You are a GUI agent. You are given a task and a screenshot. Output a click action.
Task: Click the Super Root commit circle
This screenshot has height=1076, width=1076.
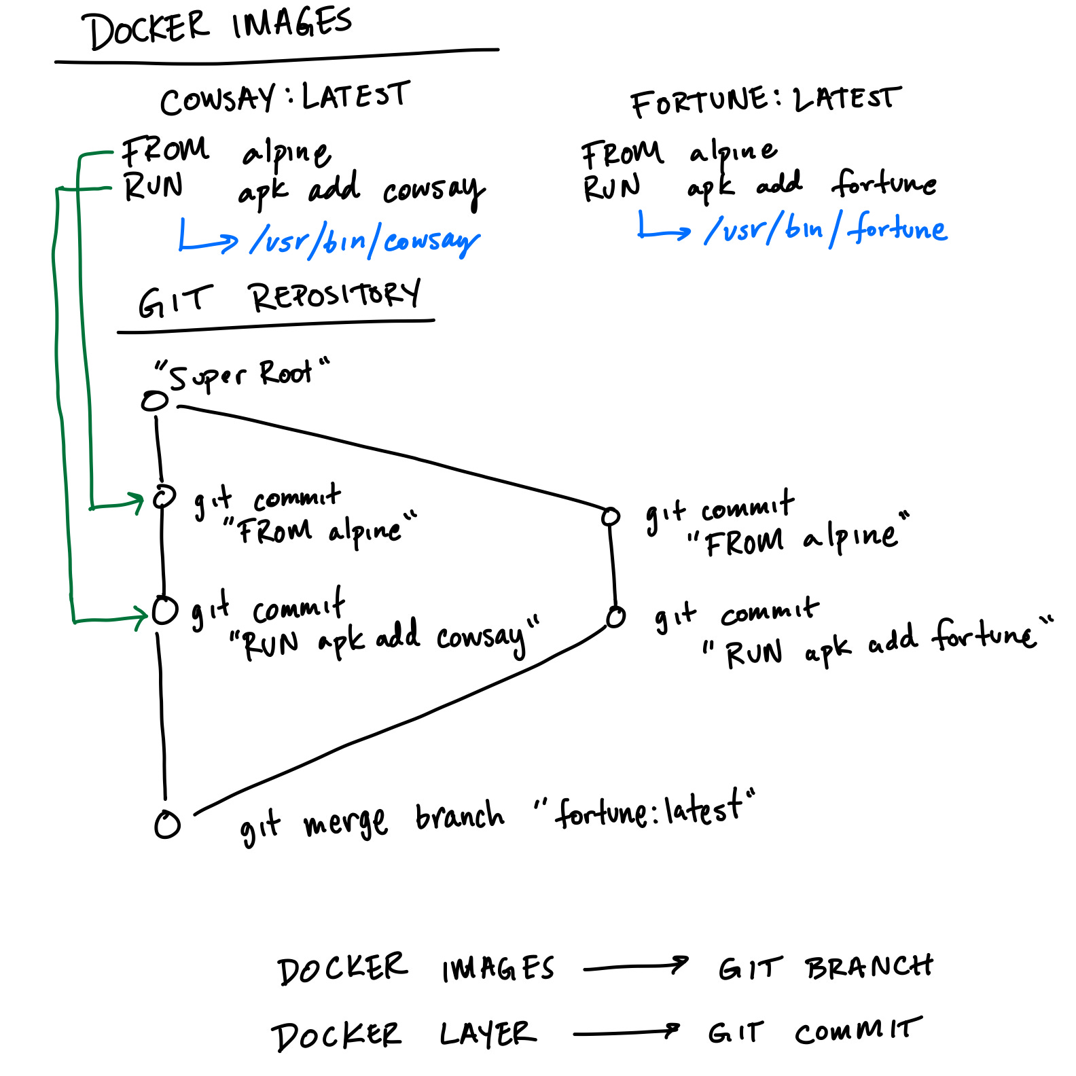point(154,401)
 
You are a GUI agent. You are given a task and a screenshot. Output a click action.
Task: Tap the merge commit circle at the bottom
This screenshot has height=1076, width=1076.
point(167,825)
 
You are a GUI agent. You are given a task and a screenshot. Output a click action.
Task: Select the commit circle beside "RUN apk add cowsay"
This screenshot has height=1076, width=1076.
point(164,610)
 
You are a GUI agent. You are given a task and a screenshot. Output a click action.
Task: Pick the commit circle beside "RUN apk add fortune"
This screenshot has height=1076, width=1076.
point(615,617)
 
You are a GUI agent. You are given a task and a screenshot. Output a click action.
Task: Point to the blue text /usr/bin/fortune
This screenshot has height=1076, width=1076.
point(825,229)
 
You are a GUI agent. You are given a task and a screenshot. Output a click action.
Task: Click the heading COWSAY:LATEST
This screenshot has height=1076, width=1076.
point(285,98)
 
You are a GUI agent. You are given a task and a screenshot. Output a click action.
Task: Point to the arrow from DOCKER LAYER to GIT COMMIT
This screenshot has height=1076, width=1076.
point(626,1033)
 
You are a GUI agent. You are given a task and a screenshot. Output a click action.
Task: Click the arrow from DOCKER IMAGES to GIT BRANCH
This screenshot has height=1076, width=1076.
point(635,967)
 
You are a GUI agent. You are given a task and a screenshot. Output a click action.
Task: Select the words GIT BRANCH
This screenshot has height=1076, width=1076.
point(825,967)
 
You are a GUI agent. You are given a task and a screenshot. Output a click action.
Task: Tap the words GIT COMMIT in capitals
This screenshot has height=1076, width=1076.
point(814,1032)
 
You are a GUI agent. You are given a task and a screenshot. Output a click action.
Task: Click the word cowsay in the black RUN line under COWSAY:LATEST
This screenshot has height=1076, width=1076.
point(433,191)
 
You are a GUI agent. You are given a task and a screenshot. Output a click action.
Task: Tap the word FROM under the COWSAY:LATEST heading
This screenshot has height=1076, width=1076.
point(165,151)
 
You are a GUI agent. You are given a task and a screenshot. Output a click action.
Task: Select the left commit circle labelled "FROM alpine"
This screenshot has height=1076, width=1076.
point(163,497)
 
